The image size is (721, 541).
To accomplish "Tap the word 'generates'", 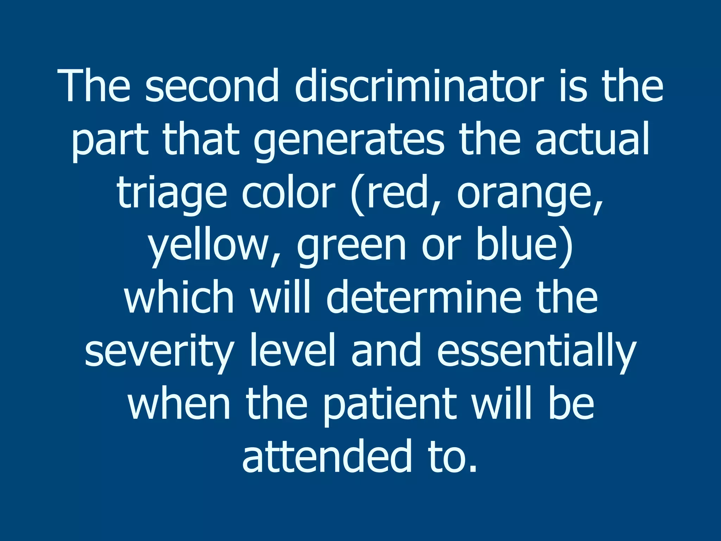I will [x=349, y=140].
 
